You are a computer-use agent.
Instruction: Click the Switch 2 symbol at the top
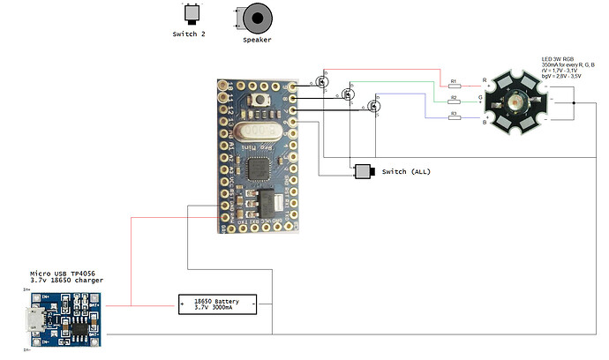click(x=191, y=14)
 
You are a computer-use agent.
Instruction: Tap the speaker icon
click(x=257, y=16)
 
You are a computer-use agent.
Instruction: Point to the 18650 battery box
click(x=218, y=304)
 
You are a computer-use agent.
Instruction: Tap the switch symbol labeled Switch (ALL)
click(x=364, y=171)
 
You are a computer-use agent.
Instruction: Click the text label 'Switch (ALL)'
click(x=406, y=171)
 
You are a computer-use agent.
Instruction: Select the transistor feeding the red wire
click(x=320, y=81)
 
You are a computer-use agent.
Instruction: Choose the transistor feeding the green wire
click(x=349, y=94)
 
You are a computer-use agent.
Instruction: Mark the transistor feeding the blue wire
click(x=375, y=106)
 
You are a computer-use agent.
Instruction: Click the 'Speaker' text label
click(x=257, y=40)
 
